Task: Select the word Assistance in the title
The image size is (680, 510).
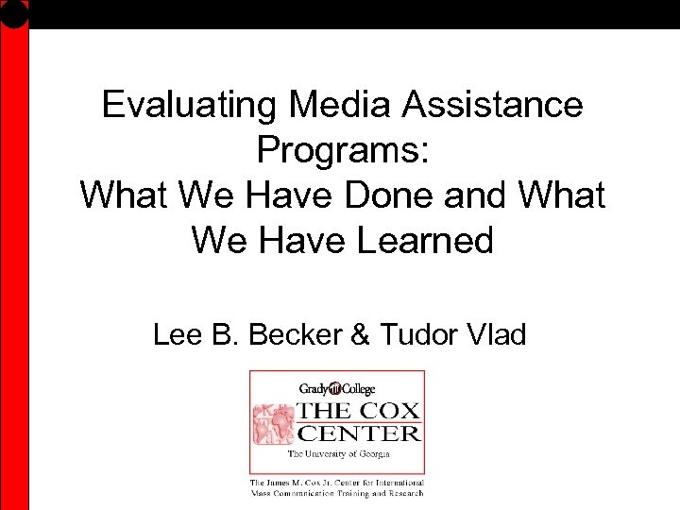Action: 492,105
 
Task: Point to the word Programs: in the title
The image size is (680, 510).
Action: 342,150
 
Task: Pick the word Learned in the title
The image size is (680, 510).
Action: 425,241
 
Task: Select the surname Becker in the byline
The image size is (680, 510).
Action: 289,334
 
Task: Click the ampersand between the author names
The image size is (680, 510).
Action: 362,334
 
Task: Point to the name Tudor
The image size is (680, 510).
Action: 416,334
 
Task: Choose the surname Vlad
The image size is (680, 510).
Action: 494,334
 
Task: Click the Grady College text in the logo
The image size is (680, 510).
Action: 335,388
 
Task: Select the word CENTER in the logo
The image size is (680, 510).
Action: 359,434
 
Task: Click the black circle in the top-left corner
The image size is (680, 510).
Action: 14,12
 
